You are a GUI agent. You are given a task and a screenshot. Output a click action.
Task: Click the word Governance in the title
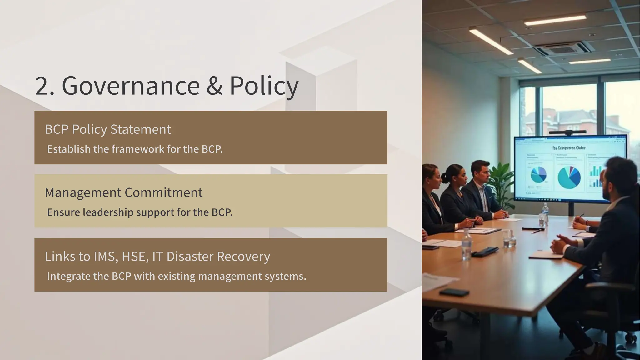point(131,86)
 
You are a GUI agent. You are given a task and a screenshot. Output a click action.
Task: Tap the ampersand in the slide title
point(214,86)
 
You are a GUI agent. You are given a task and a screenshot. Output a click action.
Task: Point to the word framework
point(138,149)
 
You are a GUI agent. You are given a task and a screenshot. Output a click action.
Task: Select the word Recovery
point(243,257)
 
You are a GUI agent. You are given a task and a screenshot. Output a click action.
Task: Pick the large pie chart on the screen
point(569,177)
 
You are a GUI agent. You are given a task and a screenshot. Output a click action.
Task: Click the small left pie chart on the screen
point(538,175)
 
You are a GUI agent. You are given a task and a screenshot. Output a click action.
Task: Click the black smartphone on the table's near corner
point(454,292)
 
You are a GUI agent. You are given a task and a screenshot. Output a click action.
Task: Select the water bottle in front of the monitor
point(545,213)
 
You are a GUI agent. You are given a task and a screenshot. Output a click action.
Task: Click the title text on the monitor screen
point(569,148)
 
